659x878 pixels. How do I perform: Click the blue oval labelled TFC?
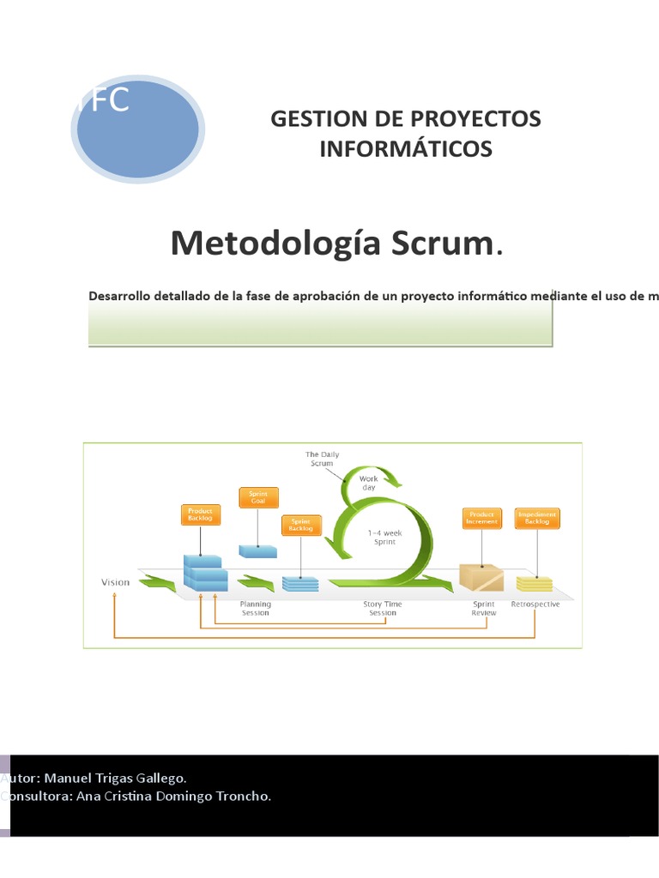pos(137,129)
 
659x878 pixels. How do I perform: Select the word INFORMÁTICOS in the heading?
pos(406,149)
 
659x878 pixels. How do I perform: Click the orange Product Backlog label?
pos(200,514)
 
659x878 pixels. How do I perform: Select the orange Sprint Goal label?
pos(258,497)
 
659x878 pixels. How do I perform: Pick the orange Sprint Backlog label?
pos(301,525)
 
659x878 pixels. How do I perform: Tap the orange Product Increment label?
pos(481,518)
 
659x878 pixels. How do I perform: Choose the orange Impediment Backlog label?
pos(537,518)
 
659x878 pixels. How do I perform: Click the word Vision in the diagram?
pos(116,582)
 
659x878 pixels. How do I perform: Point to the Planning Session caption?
pos(255,608)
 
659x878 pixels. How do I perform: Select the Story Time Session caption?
pos(383,608)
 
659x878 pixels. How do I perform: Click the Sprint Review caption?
pos(484,608)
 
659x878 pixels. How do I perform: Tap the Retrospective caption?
pos(535,604)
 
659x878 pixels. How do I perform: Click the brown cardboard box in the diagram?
pos(481,576)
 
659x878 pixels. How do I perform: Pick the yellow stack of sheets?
pos(535,583)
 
